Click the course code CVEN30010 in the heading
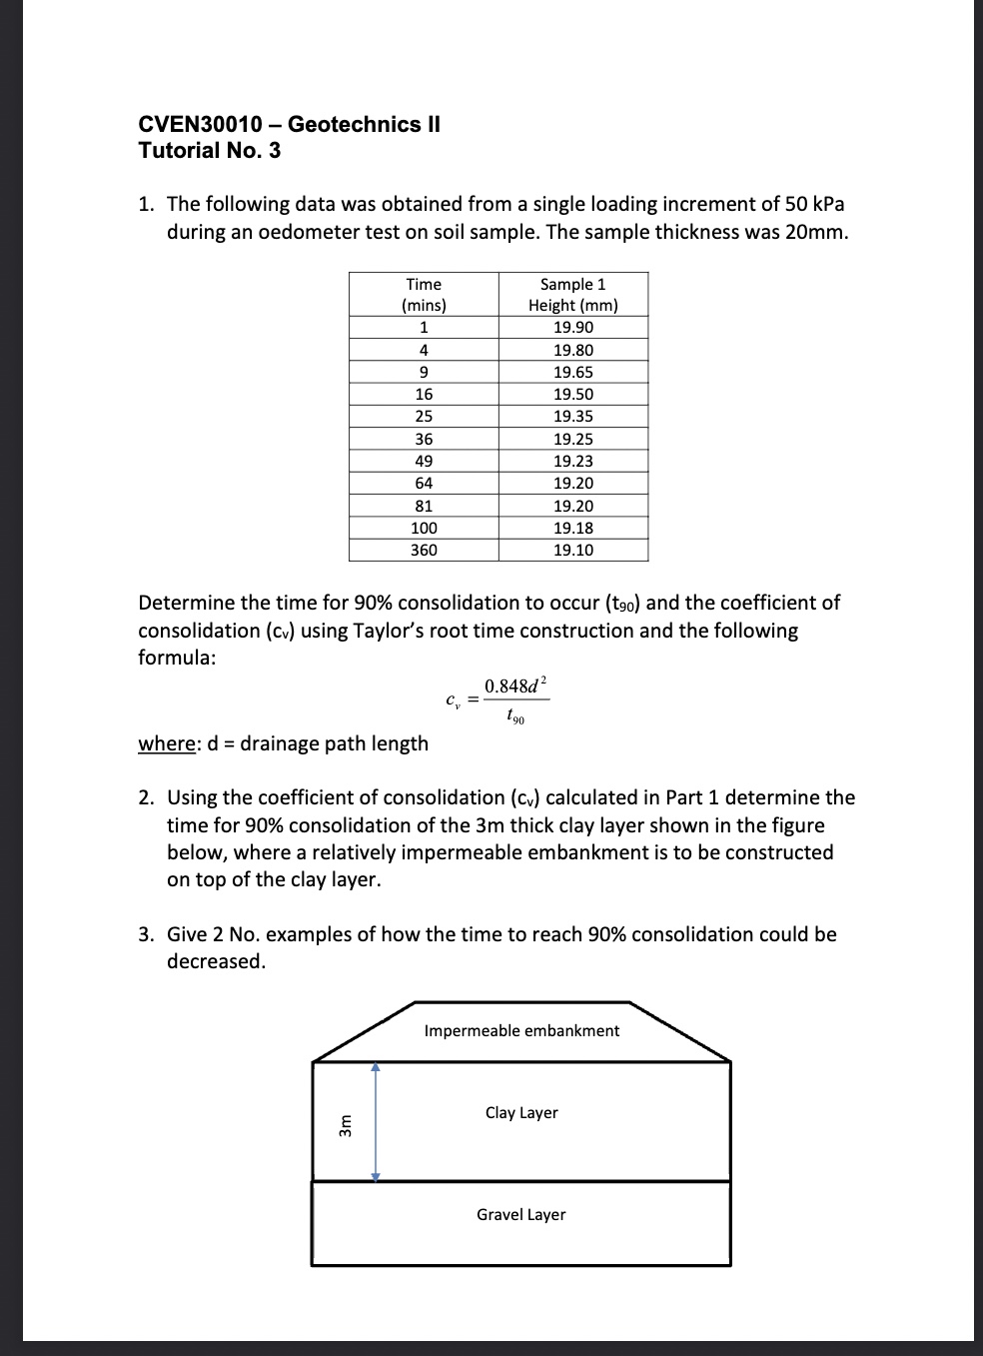pyautogui.click(x=200, y=124)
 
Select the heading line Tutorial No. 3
pyautogui.click(x=209, y=151)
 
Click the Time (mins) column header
pyautogui.click(x=424, y=295)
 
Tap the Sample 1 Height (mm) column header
pyautogui.click(x=572, y=295)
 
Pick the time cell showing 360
pyautogui.click(x=424, y=550)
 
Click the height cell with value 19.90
pyautogui.click(x=572, y=328)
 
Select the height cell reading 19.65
pyautogui.click(x=572, y=372)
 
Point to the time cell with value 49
pyautogui.click(x=424, y=461)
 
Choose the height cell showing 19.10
pyautogui.click(x=572, y=550)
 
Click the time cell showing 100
pyautogui.click(x=424, y=528)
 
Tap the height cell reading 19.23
pyautogui.click(x=572, y=461)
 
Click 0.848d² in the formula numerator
pyautogui.click(x=515, y=685)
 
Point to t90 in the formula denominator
pyautogui.click(x=514, y=715)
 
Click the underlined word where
pyautogui.click(x=165, y=743)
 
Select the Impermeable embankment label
pyautogui.click(x=521, y=1030)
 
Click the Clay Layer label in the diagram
pyautogui.click(x=521, y=1112)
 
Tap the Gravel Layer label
pyautogui.click(x=520, y=1214)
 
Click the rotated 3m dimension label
pyautogui.click(x=346, y=1125)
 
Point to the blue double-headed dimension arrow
pyautogui.click(x=376, y=1121)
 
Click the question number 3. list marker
pyautogui.click(x=146, y=934)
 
